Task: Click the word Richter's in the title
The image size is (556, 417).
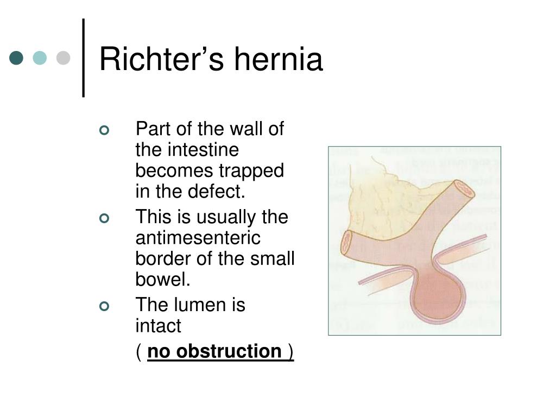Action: tap(162, 59)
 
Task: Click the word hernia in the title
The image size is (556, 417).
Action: tap(279, 59)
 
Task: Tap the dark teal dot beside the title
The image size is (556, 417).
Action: tap(16, 58)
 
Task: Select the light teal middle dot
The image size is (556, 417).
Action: tap(40, 58)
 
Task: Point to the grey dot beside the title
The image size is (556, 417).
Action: tap(63, 58)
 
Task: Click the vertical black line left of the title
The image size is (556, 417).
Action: tap(83, 58)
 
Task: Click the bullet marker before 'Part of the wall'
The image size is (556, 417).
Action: tap(104, 130)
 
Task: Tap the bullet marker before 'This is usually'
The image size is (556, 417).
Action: tap(104, 218)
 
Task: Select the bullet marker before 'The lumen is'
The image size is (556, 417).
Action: tap(104, 306)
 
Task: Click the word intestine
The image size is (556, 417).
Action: tap(203, 150)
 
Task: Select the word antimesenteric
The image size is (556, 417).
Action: tap(198, 238)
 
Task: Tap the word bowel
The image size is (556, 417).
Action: tap(163, 279)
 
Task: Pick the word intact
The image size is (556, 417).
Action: tap(158, 326)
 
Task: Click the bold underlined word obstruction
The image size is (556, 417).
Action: tap(229, 351)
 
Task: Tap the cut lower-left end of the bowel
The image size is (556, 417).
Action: tap(346, 243)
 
